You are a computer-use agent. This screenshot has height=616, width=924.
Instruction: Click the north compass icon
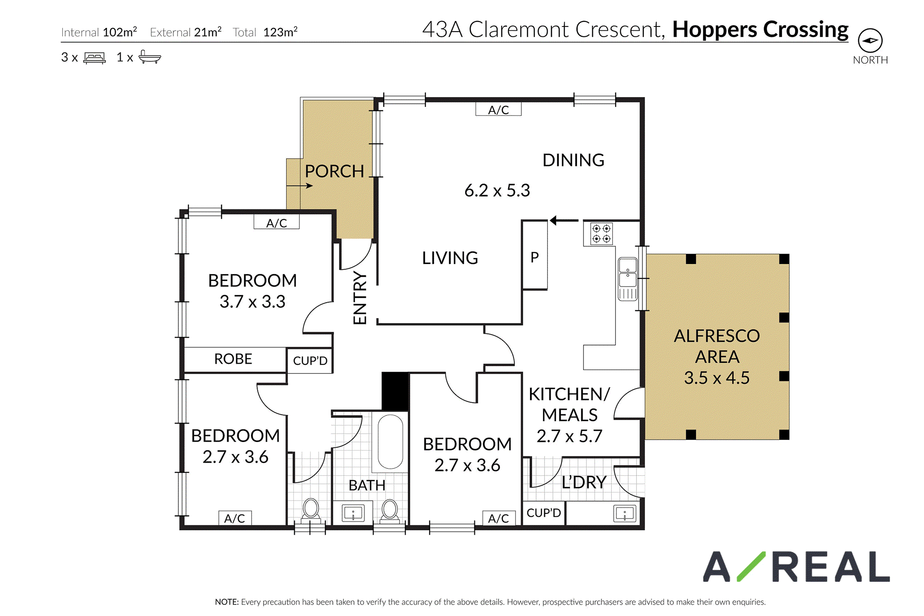click(870, 41)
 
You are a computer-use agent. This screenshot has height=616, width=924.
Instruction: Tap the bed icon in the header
click(95, 58)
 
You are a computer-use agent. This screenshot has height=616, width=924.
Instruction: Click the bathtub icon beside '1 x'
click(150, 57)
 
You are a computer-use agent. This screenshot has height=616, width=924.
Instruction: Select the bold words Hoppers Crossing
click(760, 30)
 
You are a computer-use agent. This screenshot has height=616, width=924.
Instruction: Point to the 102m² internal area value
click(120, 32)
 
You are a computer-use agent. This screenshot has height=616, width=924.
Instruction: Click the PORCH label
click(334, 171)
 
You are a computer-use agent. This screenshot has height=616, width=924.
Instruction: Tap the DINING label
click(573, 160)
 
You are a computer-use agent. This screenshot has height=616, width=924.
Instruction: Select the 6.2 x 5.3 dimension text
click(497, 190)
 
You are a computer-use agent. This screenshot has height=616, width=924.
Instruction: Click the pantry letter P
click(535, 257)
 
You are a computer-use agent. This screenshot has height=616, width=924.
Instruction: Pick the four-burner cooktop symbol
click(601, 234)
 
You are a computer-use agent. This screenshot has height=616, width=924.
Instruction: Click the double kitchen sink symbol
click(628, 279)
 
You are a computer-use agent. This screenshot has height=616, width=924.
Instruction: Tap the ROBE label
click(233, 359)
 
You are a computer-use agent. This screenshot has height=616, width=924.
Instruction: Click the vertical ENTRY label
click(360, 298)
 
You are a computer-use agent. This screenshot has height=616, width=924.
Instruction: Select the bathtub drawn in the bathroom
click(390, 441)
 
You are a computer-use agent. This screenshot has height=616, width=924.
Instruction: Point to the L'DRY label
click(584, 483)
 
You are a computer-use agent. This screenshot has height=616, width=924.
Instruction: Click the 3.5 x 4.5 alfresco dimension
click(717, 378)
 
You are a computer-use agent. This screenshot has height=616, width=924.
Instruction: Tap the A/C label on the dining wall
click(498, 110)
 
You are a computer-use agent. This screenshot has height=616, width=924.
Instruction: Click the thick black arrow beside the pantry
click(564, 221)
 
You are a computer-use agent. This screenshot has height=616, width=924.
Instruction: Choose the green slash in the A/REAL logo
click(751, 566)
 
